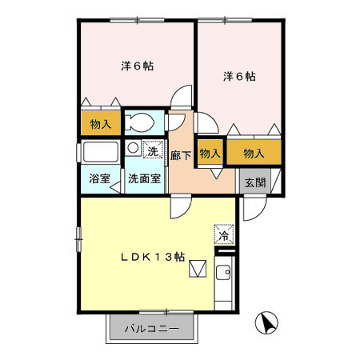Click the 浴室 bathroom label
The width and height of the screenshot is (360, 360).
tap(100, 178)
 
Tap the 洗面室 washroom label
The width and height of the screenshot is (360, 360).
tap(145, 178)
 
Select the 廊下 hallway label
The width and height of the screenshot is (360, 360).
tap(181, 155)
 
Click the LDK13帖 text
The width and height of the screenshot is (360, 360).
tap(153, 258)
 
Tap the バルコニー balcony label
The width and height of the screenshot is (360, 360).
tap(152, 328)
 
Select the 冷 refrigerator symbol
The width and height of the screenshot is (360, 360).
tap(225, 235)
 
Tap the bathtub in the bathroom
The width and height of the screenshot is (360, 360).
tap(99, 152)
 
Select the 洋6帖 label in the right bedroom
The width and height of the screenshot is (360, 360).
tap(238, 77)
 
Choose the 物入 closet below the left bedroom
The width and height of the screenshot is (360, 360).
tap(101, 124)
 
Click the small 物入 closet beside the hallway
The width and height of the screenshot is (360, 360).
tap(209, 152)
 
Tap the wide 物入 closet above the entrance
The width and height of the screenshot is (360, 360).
tap(254, 152)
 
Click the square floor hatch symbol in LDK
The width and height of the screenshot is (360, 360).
tap(197, 270)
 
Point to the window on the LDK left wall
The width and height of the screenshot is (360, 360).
tap(78, 234)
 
